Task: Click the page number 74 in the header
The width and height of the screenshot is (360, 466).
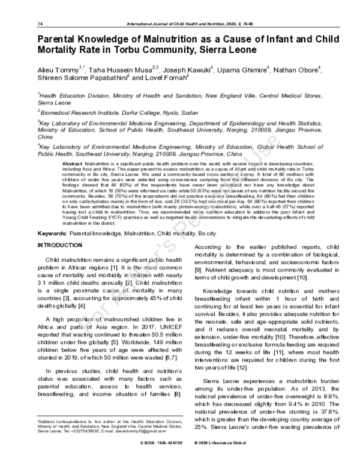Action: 40,23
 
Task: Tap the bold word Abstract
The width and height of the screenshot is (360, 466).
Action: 72,163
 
